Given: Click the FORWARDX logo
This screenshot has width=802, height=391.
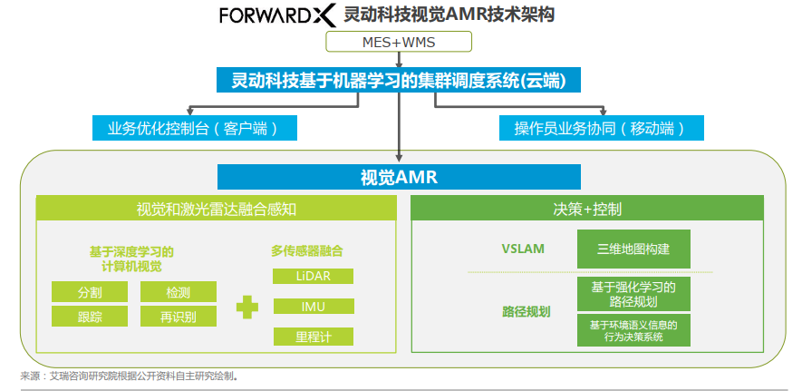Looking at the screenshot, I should pyautogui.click(x=277, y=15).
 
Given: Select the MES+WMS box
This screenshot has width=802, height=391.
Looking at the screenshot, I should pyautogui.click(x=399, y=43).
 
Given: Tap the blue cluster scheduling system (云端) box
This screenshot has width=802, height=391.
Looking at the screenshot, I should pyautogui.click(x=399, y=81).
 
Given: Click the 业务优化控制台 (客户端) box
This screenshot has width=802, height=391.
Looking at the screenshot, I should pyautogui.click(x=195, y=128).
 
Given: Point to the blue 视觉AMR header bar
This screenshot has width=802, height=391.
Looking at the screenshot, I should pyautogui.click(x=399, y=177).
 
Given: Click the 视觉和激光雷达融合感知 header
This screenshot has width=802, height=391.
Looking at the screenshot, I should pyautogui.click(x=217, y=210).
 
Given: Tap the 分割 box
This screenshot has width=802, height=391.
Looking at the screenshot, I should pyautogui.click(x=90, y=292).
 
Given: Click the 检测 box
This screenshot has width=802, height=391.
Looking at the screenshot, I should pyautogui.click(x=179, y=292).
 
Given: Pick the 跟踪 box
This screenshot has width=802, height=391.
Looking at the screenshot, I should pyautogui.click(x=90, y=317).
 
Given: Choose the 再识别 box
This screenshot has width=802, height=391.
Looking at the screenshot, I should pyautogui.click(x=179, y=317).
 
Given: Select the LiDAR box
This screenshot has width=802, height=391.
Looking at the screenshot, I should pyautogui.click(x=313, y=276).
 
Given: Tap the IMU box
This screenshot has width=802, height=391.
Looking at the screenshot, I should pyautogui.click(x=313, y=307).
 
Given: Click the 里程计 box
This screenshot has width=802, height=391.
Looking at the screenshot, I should pyautogui.click(x=313, y=337).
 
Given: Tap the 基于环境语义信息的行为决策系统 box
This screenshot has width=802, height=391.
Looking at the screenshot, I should pyautogui.click(x=633, y=329).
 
